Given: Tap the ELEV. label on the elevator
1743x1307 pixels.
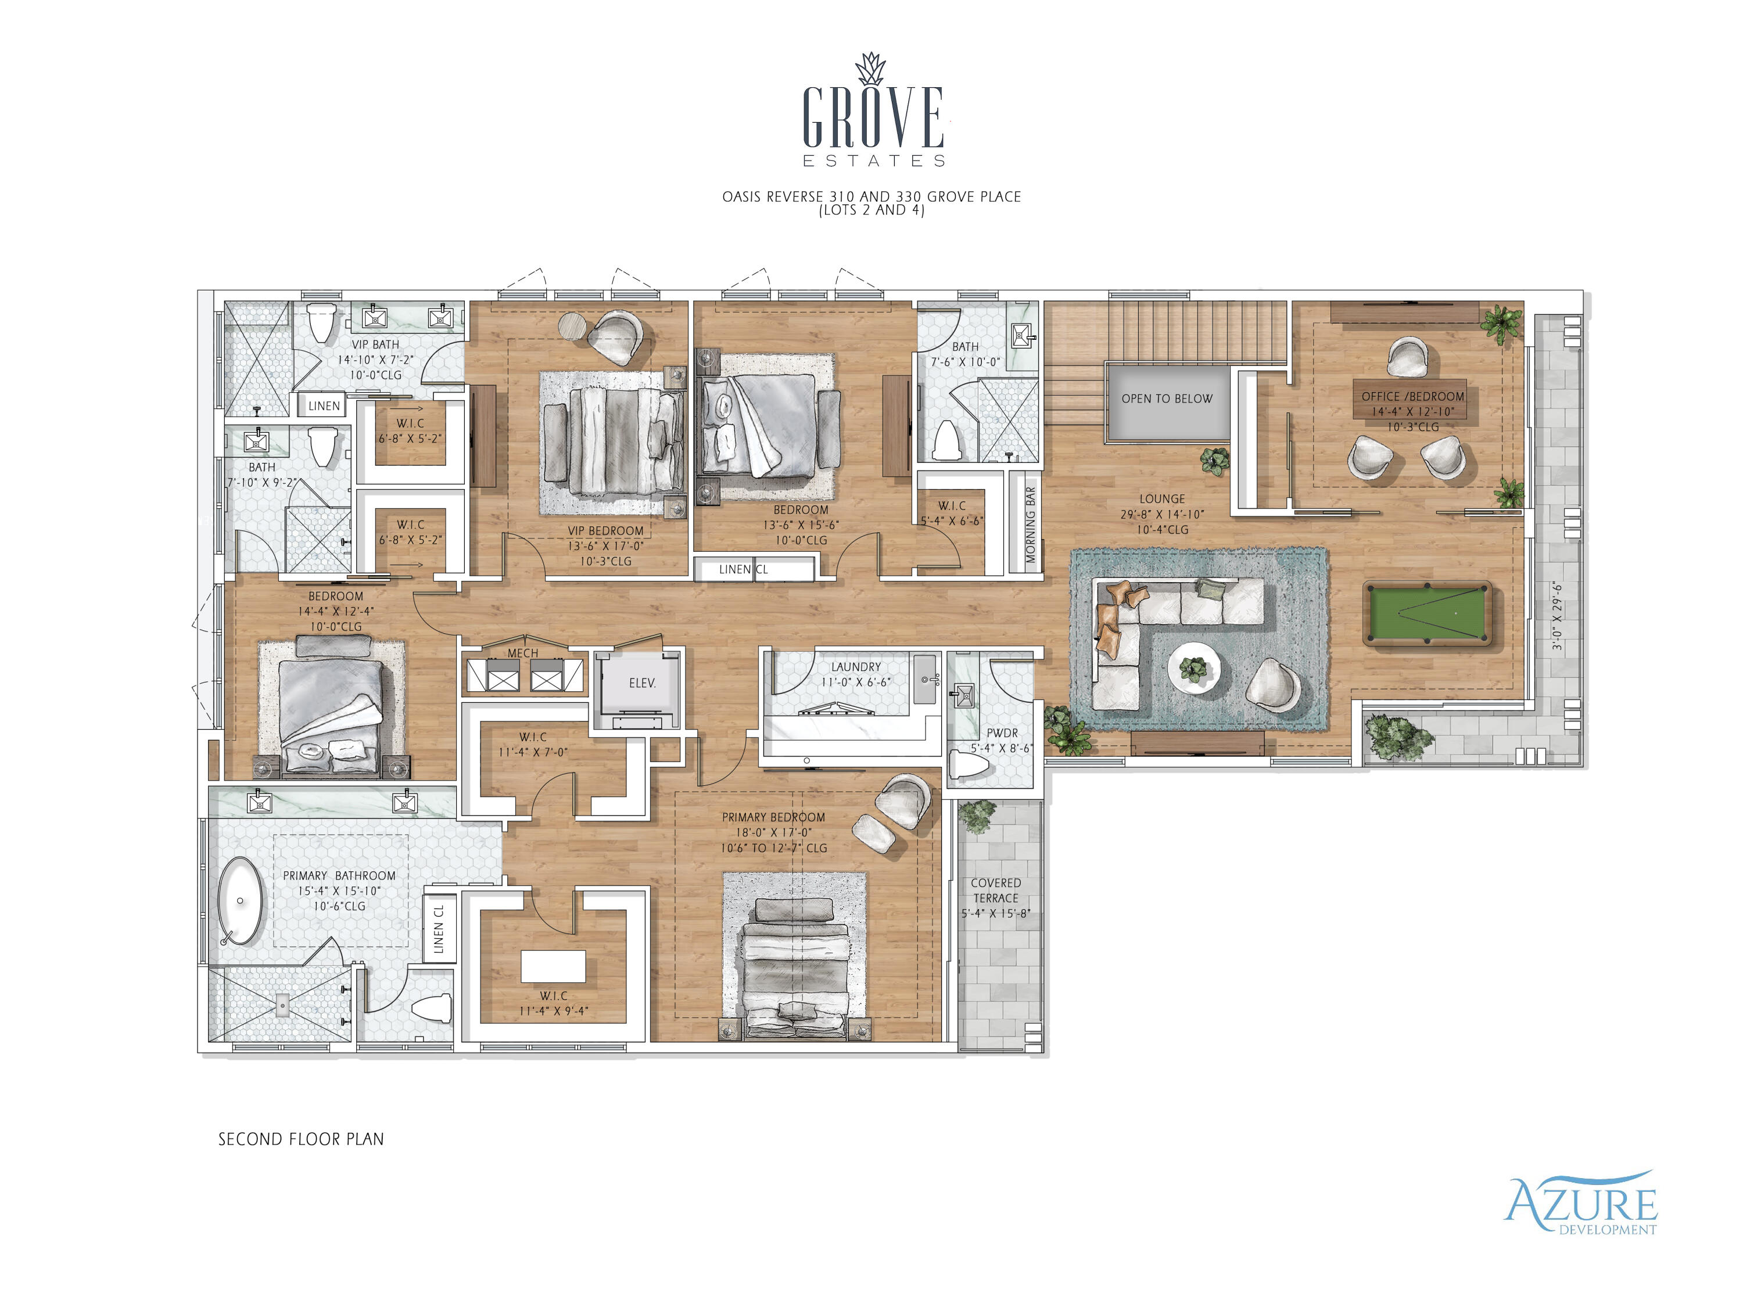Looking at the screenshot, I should coord(642,683).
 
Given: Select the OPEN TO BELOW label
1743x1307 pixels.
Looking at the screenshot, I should coord(1167,398).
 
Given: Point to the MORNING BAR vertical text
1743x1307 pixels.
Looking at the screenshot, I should coord(1030,525).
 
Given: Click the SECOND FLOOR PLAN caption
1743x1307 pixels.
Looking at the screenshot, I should coord(301,1139).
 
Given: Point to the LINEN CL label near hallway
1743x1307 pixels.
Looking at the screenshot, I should coord(743,569).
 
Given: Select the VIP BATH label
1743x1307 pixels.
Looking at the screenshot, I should coord(375,344).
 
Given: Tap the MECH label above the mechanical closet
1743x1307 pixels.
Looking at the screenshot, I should coord(522,653).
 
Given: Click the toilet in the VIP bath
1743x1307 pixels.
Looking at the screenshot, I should coord(321,322).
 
